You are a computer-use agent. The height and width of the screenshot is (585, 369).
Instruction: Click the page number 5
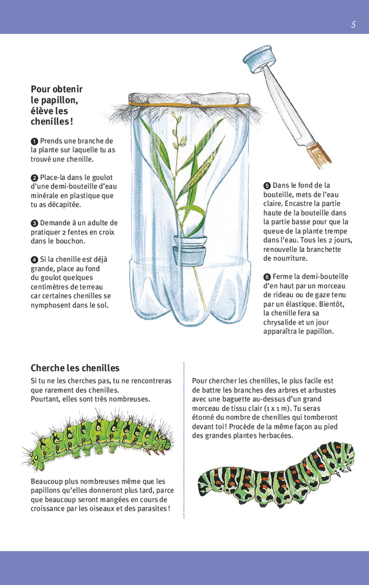[353, 25]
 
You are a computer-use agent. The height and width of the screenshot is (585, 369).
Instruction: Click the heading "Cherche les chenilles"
[75, 368]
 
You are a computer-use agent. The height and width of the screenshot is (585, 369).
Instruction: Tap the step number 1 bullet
[34, 141]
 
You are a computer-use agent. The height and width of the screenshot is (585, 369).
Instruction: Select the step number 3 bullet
[34, 223]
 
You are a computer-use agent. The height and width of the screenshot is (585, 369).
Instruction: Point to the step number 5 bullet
[267, 186]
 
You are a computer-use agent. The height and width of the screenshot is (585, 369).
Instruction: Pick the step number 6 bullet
[267, 277]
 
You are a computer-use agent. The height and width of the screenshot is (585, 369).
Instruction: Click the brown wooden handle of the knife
[318, 153]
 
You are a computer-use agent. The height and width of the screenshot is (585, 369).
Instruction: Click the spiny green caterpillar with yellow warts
[98, 439]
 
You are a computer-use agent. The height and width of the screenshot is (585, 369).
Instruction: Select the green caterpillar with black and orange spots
[276, 473]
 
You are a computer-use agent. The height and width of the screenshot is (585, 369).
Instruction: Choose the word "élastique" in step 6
[301, 304]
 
